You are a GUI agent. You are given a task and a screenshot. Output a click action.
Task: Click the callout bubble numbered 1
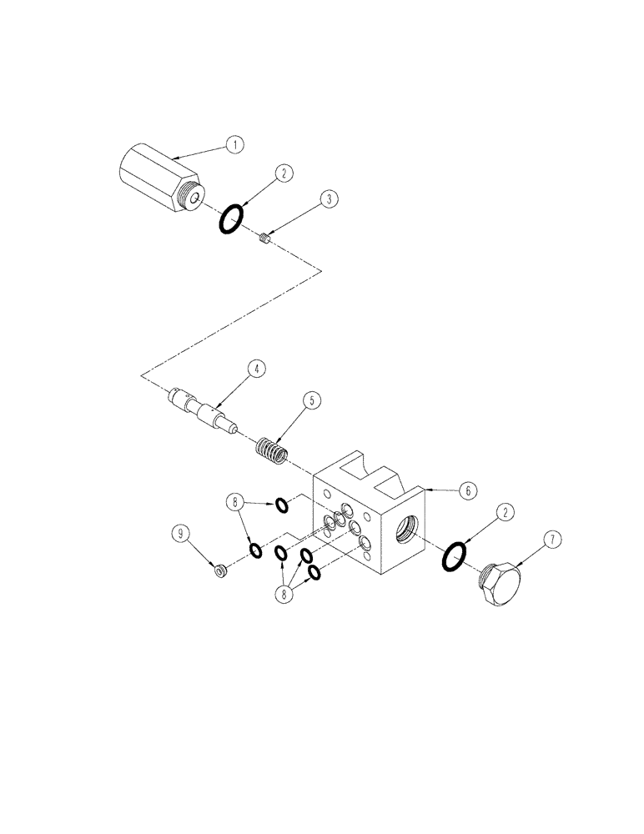tap(236, 144)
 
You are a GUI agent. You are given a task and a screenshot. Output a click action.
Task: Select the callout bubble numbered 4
tap(258, 367)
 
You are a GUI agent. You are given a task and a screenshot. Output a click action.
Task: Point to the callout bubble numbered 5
tap(311, 401)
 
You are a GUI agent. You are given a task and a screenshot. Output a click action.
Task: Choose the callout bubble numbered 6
tap(468, 490)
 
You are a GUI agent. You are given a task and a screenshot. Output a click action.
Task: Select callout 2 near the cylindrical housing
tap(284, 173)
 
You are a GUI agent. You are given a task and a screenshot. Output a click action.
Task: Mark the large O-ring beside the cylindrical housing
tap(232, 220)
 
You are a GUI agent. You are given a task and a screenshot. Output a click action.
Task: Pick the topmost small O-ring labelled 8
tap(283, 503)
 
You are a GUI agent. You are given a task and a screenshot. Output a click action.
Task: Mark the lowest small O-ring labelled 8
tap(315, 571)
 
